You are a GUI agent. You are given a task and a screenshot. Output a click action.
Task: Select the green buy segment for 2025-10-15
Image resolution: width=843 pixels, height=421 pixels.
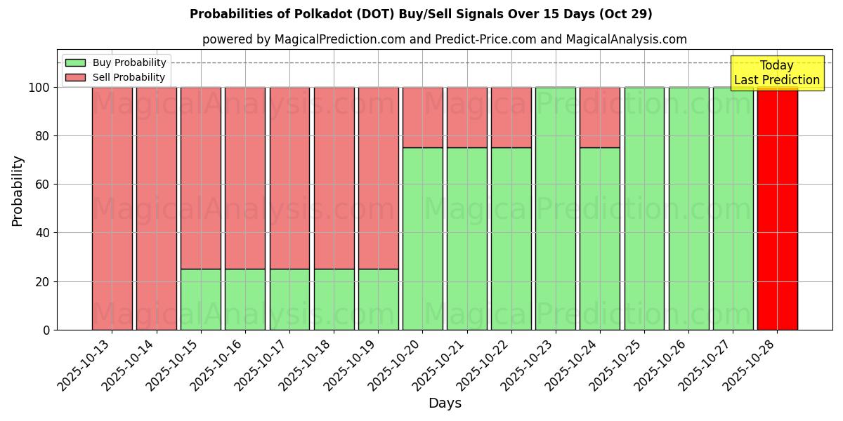point(201,300)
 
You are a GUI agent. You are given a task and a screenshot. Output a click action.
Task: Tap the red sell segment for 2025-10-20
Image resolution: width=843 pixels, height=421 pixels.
point(423,117)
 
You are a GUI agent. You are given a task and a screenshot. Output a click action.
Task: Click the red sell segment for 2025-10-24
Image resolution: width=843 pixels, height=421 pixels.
point(600,117)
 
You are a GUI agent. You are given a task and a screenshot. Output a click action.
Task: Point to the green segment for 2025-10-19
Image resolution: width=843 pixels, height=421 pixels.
point(379,300)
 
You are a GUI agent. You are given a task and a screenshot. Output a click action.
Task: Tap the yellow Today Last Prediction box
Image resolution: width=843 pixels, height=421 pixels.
point(777,73)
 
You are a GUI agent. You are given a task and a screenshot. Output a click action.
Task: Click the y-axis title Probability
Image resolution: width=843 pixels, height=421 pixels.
point(18,191)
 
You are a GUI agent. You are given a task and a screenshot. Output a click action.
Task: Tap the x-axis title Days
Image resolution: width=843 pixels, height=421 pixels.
point(445,403)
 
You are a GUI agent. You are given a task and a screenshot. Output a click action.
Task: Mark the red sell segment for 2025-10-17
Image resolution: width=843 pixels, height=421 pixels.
point(289,178)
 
